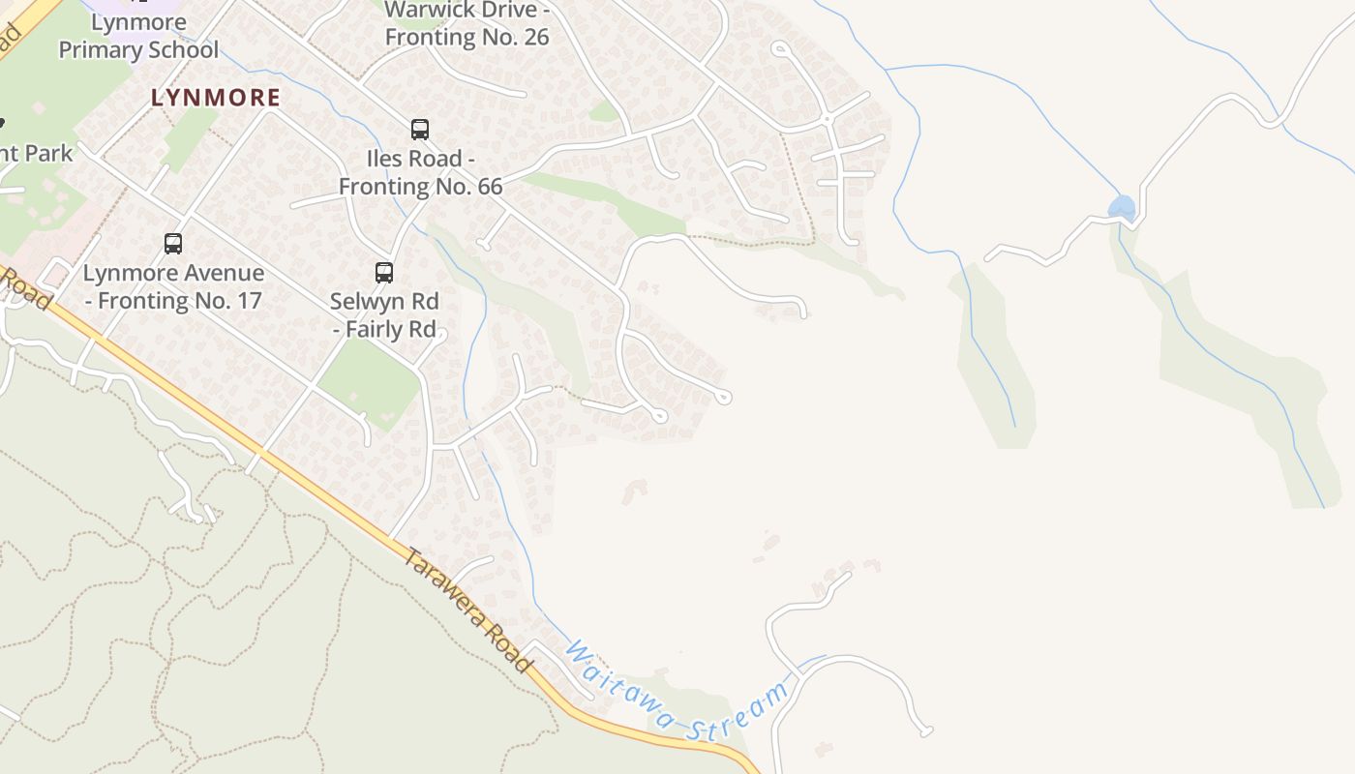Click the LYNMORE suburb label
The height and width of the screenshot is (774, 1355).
[x=216, y=98]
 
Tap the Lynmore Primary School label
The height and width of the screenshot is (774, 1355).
[x=138, y=37]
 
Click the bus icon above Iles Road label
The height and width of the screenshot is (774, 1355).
[x=420, y=129]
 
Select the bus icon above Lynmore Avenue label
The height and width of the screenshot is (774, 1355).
[x=173, y=244]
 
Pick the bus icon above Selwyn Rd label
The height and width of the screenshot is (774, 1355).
[x=384, y=273]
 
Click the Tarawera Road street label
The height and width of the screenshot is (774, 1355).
[x=468, y=610]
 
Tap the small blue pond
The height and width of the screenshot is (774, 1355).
[x=1122, y=207]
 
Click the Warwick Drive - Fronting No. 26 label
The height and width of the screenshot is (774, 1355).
[x=467, y=24]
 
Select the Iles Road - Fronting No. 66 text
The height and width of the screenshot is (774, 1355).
[x=421, y=172]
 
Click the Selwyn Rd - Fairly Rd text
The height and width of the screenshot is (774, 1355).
[x=384, y=315]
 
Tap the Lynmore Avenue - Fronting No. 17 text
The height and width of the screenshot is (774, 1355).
[x=173, y=286]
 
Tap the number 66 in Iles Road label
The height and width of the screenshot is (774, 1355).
[x=489, y=186]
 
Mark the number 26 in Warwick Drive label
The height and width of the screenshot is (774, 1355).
[x=535, y=38]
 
